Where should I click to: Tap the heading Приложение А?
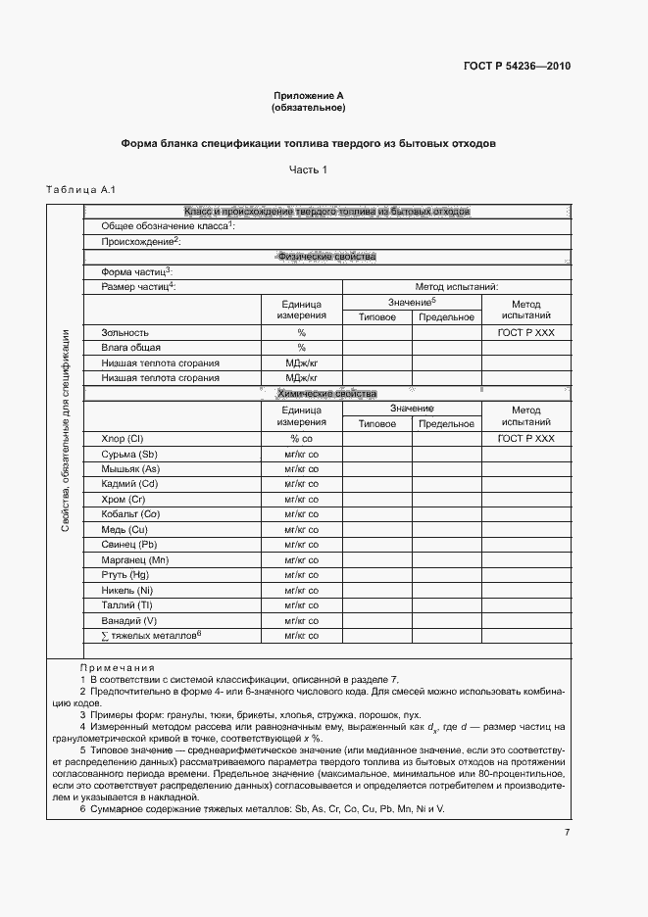[308, 96]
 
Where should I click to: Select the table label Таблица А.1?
[81, 189]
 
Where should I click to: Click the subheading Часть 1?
[308, 169]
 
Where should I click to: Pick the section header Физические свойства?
[326, 257]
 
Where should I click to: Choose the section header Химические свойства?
[326, 394]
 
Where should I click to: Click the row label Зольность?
[125, 333]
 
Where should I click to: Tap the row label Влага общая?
[130, 348]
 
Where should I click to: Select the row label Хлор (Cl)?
[123, 439]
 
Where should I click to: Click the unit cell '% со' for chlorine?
[301, 439]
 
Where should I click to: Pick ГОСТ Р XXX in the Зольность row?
[525, 333]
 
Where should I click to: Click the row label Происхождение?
[141, 241]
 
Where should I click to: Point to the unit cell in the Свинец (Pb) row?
[301, 545]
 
